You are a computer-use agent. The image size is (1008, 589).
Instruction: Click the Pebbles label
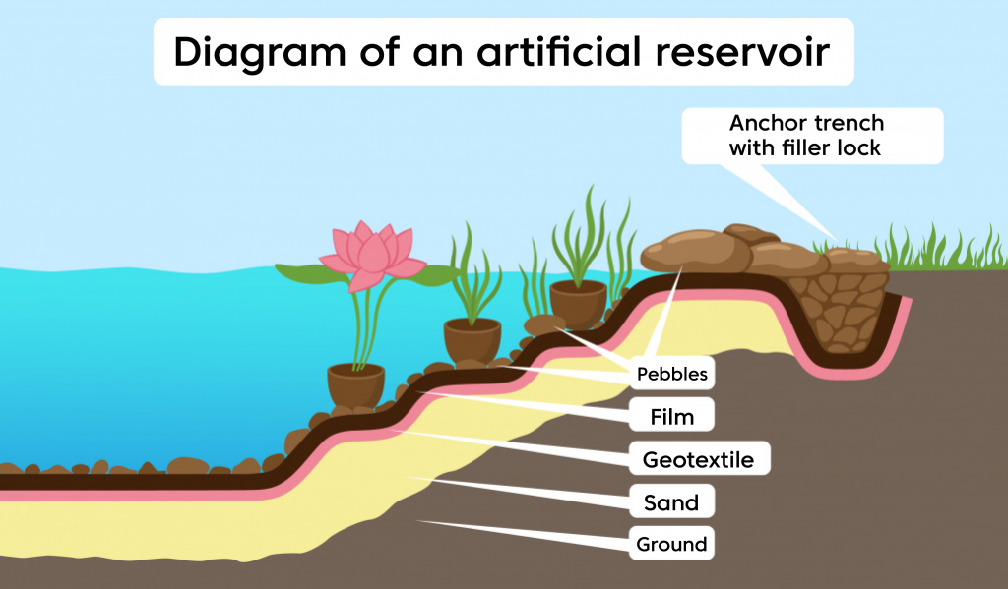(671, 374)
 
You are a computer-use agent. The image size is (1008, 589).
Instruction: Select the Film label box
(671, 416)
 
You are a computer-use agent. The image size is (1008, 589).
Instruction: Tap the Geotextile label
(698, 459)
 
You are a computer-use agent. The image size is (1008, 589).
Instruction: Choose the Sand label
(671, 501)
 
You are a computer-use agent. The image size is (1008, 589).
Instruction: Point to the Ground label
(671, 544)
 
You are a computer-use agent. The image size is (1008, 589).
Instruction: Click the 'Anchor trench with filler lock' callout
(812, 136)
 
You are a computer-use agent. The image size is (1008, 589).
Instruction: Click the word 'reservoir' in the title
(742, 51)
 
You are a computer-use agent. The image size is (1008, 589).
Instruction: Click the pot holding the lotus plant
(355, 385)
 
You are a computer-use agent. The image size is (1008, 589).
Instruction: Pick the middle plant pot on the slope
(472, 340)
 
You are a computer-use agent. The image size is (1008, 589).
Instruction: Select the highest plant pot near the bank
(579, 303)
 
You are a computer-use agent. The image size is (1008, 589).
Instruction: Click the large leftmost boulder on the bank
(696, 251)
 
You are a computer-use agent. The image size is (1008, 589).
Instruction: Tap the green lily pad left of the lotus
(312, 274)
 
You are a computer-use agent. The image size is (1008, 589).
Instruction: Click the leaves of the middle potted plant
(474, 276)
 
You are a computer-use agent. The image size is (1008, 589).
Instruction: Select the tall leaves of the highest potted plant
(582, 238)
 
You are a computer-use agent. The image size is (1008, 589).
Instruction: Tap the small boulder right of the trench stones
(855, 261)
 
